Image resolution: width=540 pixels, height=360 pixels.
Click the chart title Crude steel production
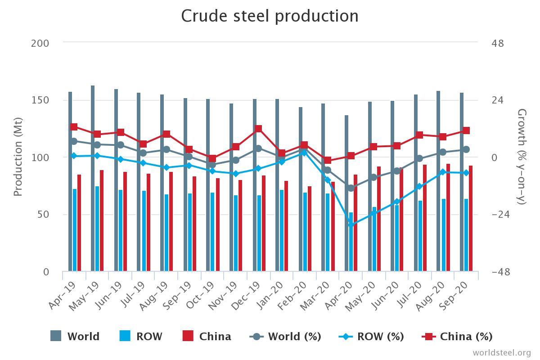point(270,16)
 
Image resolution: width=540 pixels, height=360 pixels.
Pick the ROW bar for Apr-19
point(75,230)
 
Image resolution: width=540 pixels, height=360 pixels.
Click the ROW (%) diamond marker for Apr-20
point(351,225)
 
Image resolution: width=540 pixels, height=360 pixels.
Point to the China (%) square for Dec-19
point(258,129)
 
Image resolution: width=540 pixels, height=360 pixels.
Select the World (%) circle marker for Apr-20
point(351,188)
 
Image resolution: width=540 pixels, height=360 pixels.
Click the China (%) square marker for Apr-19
point(74,127)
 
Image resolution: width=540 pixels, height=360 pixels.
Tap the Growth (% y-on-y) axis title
point(522,157)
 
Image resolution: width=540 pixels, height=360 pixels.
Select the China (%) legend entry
point(457,337)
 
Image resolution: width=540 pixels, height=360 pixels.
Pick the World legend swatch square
point(56,336)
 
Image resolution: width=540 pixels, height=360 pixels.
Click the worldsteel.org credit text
point(502,352)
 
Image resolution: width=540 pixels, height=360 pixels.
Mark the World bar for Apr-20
point(346,193)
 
